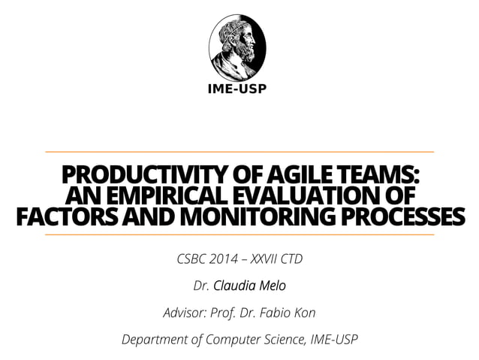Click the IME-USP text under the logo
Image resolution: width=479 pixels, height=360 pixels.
(236, 89)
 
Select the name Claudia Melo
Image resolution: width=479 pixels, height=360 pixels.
(249, 286)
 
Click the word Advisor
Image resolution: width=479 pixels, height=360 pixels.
(182, 312)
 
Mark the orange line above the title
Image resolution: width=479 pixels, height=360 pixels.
(239, 152)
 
